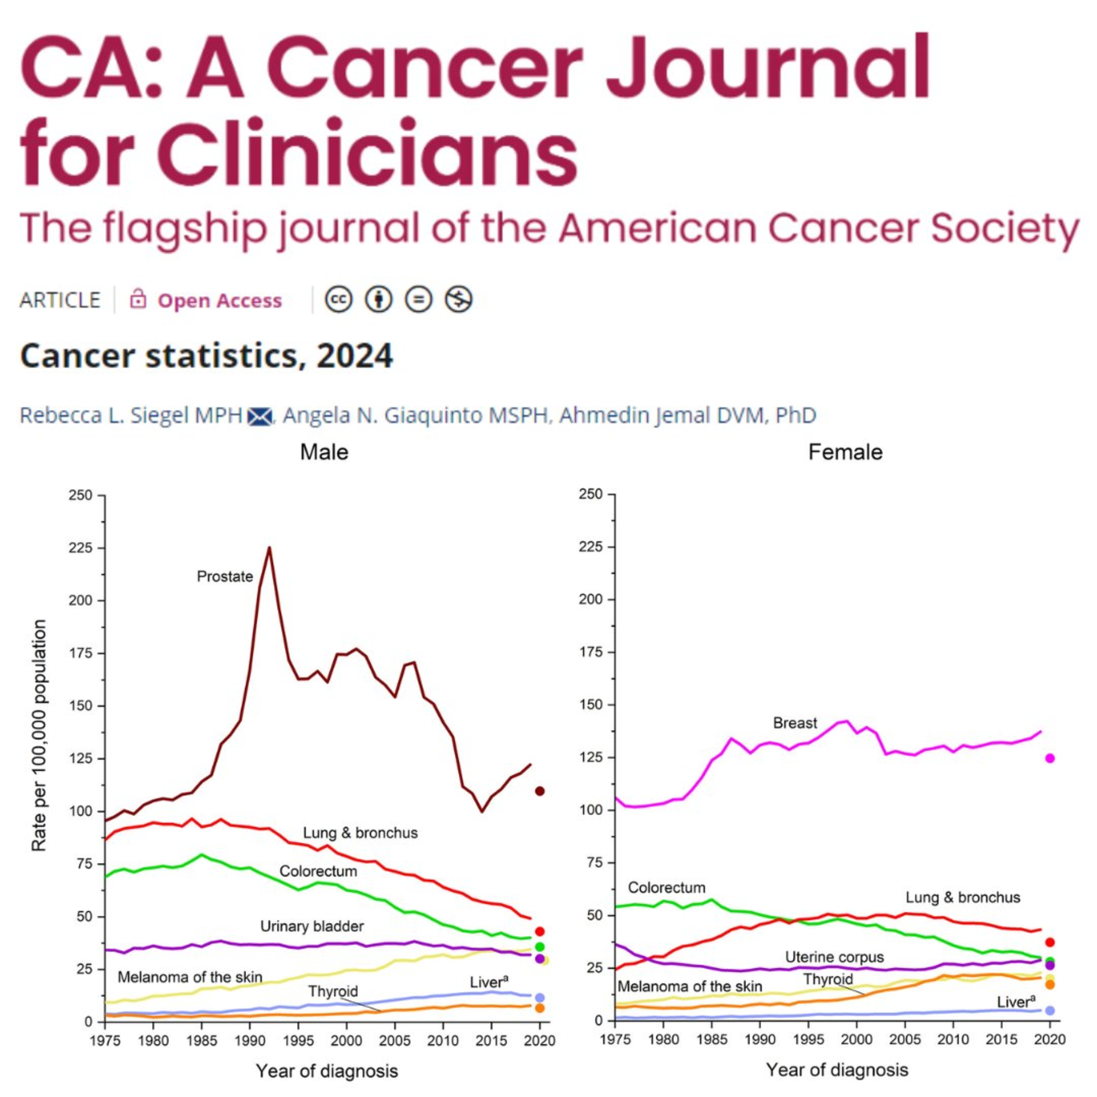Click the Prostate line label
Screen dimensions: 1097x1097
tap(225, 577)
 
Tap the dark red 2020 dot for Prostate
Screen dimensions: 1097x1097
tap(540, 791)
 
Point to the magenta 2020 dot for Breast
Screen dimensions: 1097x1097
tap(1050, 758)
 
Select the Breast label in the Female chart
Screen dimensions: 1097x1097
tap(795, 723)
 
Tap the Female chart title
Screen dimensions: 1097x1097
tap(845, 453)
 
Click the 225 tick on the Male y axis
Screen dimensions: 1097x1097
tap(80, 548)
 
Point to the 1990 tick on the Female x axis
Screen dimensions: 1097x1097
tap(760, 1039)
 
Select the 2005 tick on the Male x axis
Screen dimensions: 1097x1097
tap(394, 1041)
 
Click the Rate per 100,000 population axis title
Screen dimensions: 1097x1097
tap(38, 735)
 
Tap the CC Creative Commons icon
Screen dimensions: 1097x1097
tap(338, 299)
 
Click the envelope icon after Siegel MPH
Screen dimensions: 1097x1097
tap(260, 416)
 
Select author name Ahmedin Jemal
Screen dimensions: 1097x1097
tap(661, 415)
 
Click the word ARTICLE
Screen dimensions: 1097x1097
tap(60, 300)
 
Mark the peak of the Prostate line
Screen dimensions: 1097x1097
tap(269, 548)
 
